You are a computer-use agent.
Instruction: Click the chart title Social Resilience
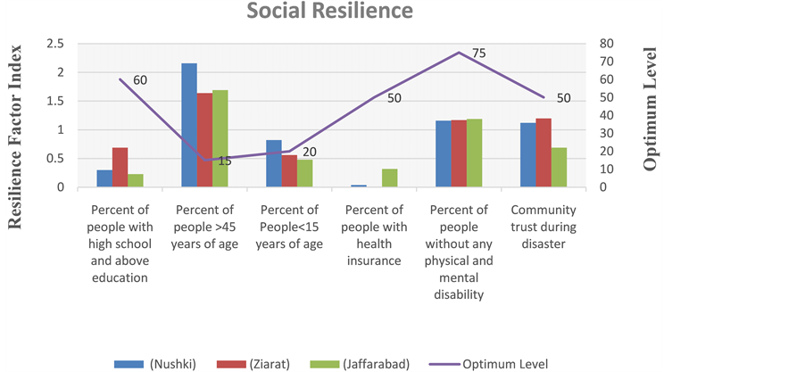click(x=330, y=12)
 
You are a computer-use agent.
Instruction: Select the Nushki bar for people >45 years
click(x=189, y=125)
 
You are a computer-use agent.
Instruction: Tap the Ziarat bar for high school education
click(x=120, y=168)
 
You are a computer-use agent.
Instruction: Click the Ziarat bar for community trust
click(x=544, y=153)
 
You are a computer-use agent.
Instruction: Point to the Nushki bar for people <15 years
click(x=274, y=163)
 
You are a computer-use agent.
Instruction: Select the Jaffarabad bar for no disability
click(x=474, y=153)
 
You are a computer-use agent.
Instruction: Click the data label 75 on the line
click(x=478, y=54)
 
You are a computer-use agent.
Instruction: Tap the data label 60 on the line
click(x=140, y=80)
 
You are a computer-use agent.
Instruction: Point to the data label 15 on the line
click(x=225, y=161)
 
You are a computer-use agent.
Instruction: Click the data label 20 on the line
click(x=310, y=153)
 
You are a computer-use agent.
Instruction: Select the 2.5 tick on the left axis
click(x=55, y=44)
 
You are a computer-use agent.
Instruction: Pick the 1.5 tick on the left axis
click(x=55, y=101)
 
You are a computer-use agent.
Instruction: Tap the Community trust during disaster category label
click(x=544, y=227)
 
